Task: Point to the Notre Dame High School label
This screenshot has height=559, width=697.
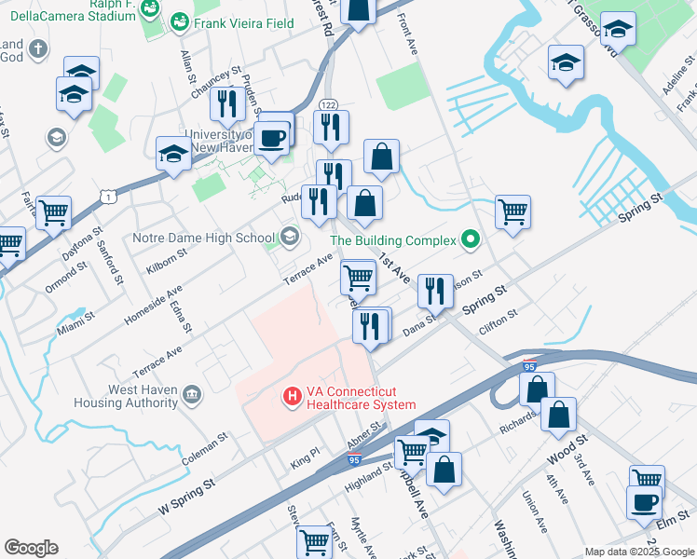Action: click(204, 238)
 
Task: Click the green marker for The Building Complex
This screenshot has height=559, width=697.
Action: click(471, 240)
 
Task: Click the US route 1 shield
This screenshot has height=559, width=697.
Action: click(110, 196)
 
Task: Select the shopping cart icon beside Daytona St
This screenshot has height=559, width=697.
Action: click(53, 212)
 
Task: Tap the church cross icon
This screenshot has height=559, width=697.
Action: click(37, 49)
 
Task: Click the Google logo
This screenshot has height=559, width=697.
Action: click(31, 548)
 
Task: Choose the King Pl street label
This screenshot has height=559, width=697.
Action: click(305, 457)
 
